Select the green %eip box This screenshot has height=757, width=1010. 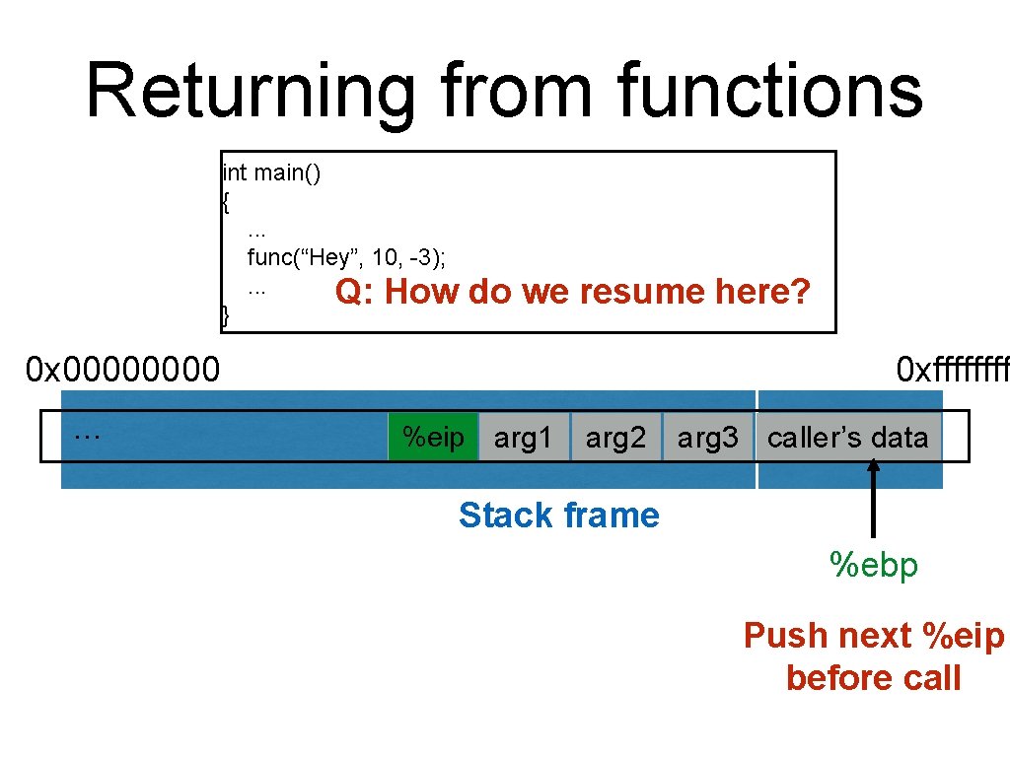tap(432, 437)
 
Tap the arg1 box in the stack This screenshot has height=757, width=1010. tap(524, 438)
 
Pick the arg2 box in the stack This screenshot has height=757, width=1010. tap(615, 438)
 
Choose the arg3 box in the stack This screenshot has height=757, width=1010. tap(707, 438)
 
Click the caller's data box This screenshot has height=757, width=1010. tap(847, 438)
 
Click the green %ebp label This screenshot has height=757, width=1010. tap(874, 566)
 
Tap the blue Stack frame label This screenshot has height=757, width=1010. tap(558, 516)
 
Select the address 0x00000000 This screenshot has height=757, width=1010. tap(123, 371)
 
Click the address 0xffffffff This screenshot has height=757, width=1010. tap(952, 371)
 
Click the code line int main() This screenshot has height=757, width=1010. tap(271, 174)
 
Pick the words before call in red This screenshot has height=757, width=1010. tap(873, 678)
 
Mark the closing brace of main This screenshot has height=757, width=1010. tap(226, 316)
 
